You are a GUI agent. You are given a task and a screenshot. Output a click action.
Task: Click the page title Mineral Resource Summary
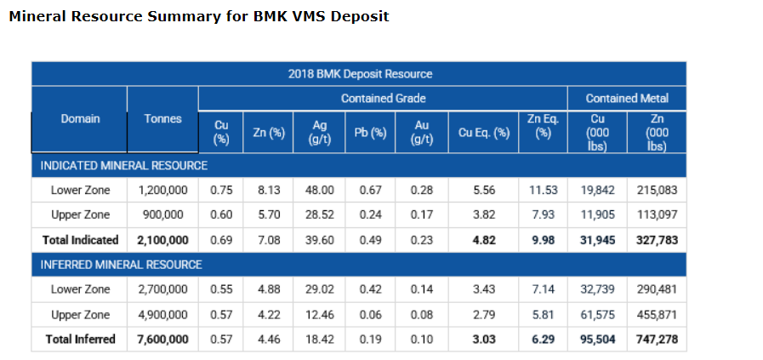198,16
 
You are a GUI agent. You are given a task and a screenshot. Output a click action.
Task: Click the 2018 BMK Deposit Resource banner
360,74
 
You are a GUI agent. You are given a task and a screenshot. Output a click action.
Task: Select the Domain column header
80,119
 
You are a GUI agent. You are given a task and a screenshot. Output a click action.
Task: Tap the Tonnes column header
162,119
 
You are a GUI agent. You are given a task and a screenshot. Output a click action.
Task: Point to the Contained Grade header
383,99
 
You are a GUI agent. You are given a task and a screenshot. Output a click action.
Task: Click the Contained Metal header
627,99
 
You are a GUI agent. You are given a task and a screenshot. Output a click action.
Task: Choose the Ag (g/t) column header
320,133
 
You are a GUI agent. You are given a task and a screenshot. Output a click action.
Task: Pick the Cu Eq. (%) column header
484,133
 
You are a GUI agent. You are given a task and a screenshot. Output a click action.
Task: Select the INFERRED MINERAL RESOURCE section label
122,265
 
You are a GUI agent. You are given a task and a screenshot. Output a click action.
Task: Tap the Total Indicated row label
80,240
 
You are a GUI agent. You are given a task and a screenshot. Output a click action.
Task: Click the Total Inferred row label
81,339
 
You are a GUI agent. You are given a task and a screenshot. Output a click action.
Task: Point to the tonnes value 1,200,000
162,190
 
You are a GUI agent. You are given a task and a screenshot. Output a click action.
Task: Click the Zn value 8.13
269,190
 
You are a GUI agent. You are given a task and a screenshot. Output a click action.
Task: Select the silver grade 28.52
320,214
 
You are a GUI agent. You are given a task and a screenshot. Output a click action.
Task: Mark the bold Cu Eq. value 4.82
483,240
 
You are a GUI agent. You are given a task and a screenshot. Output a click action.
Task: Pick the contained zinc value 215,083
657,190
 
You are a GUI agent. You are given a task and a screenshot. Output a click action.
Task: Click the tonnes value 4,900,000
162,315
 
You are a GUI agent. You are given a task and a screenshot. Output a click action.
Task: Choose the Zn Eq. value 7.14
543,289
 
